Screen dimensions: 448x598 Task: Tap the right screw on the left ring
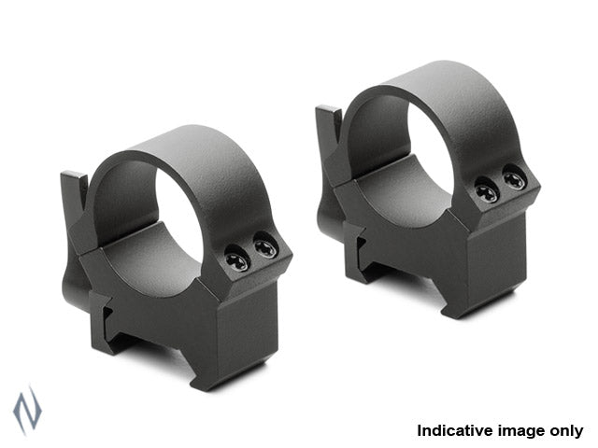tap(264, 248)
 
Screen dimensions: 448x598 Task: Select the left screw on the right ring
tap(487, 191)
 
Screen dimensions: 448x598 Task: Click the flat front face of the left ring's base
tap(252, 327)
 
